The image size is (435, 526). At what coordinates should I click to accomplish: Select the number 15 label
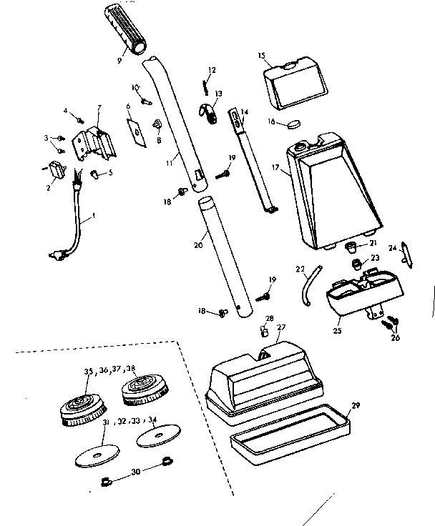(261, 56)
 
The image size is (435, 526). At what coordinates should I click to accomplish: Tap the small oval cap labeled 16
(293, 124)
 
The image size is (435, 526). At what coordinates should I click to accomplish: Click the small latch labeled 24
(408, 254)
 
